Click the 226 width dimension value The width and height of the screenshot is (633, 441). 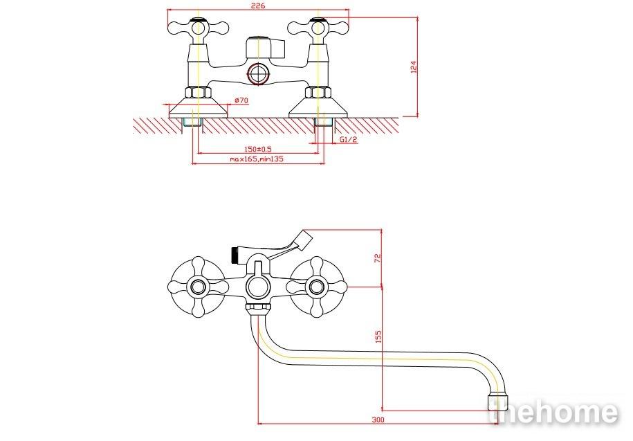258,6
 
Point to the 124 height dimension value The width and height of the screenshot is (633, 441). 413,66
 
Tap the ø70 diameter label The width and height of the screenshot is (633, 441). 241,100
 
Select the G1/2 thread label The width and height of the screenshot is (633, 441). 349,139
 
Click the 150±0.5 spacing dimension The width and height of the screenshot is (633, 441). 258,149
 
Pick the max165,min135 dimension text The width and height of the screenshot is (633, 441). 257,159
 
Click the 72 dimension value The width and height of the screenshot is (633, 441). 378,258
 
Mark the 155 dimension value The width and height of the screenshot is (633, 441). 378,336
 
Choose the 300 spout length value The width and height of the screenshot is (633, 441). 378,420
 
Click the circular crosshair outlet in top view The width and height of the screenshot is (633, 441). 259,74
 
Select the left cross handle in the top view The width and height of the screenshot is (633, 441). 198,28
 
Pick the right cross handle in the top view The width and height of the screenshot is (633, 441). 318,28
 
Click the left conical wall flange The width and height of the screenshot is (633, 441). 198,107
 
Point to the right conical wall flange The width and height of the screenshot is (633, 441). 318,107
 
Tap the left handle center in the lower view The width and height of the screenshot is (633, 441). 198,287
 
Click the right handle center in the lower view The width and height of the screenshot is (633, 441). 317,287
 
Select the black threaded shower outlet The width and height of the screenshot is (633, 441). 234,254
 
